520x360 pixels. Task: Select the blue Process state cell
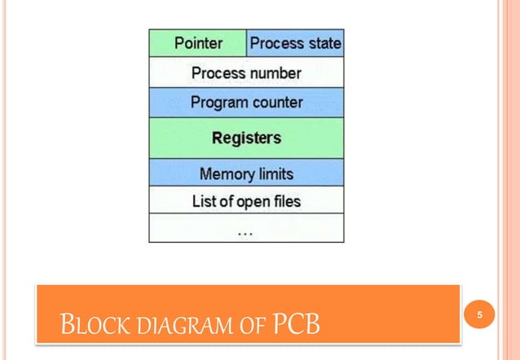[x=295, y=42]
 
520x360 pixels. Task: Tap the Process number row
[x=246, y=72]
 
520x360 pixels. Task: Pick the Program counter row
[x=246, y=103]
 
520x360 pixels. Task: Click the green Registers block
[x=246, y=138]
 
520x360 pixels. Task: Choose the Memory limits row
[x=246, y=173]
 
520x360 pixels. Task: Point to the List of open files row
[x=246, y=200]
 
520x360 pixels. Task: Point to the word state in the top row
[x=324, y=42]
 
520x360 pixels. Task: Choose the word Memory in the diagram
[x=224, y=173]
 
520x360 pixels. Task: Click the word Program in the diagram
[x=217, y=103]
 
